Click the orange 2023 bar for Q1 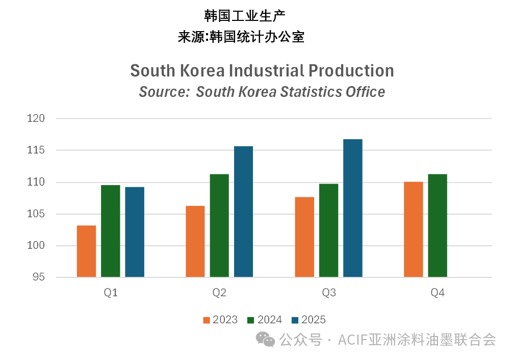tap(86, 251)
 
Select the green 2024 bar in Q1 tap(110, 231)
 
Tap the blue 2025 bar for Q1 tap(135, 232)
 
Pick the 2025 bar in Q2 tap(243, 212)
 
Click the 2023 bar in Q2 tap(195, 242)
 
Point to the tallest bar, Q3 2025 tap(352, 208)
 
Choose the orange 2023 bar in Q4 tap(413, 229)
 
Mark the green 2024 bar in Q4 tap(438, 226)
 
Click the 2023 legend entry tap(220, 320)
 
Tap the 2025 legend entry tap(309, 320)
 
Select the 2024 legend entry tap(264, 320)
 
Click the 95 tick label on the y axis tap(38, 277)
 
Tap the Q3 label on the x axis tap(329, 293)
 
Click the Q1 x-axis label tap(111, 293)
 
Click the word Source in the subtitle tap(163, 92)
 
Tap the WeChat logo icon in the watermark tap(266, 339)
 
